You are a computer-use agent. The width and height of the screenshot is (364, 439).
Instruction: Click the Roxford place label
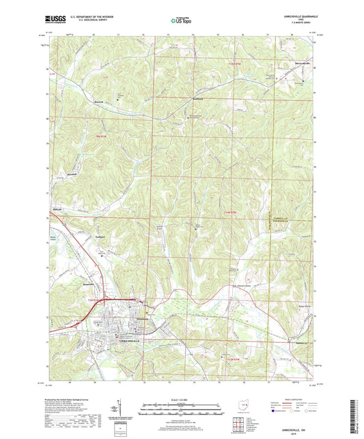[99, 103]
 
